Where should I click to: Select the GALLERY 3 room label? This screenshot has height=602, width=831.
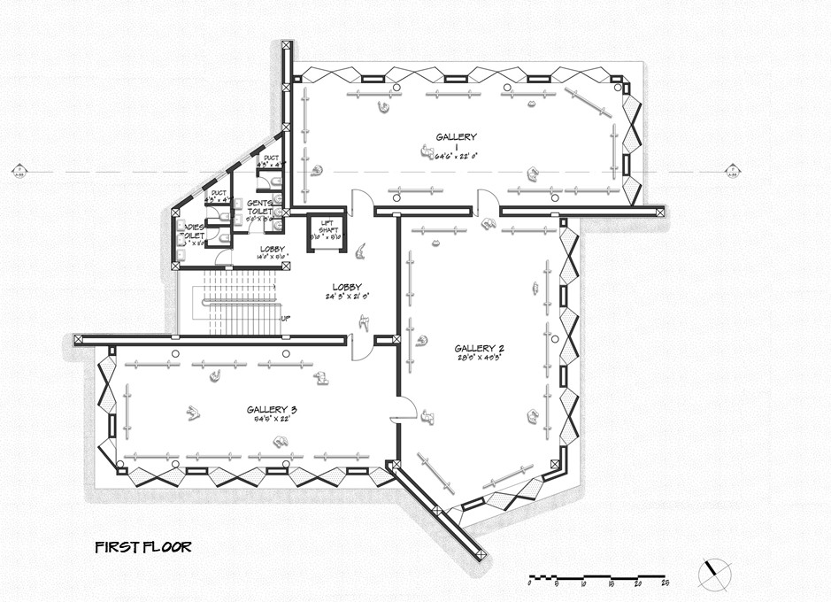[272, 409]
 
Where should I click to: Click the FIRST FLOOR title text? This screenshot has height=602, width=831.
[142, 547]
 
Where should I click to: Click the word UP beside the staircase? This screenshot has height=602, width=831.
[286, 318]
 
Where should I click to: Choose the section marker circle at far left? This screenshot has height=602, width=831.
[18, 171]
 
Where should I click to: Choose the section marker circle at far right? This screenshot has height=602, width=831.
[732, 171]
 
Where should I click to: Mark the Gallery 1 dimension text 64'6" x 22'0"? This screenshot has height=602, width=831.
[456, 154]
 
